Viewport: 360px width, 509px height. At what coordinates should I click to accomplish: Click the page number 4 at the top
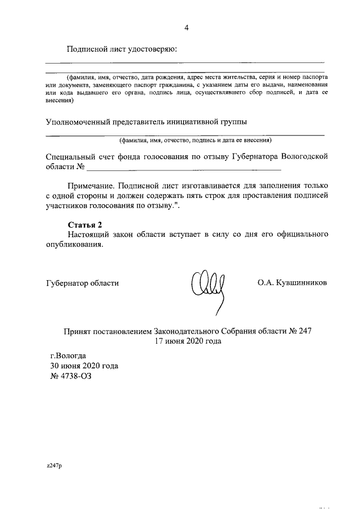[x=187, y=28]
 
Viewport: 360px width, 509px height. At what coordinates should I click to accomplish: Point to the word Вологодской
[x=304, y=157]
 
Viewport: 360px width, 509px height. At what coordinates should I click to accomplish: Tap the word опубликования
[x=75, y=245]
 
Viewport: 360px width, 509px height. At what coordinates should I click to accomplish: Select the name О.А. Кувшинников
[x=292, y=283]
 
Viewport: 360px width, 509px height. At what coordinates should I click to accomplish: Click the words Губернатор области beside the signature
[x=82, y=283]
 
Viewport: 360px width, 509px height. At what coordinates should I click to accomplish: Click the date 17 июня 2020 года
[x=187, y=341]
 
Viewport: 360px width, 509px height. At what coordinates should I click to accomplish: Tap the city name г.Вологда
[x=68, y=355]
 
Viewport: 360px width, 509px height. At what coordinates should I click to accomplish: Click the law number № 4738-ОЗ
[x=70, y=376]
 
